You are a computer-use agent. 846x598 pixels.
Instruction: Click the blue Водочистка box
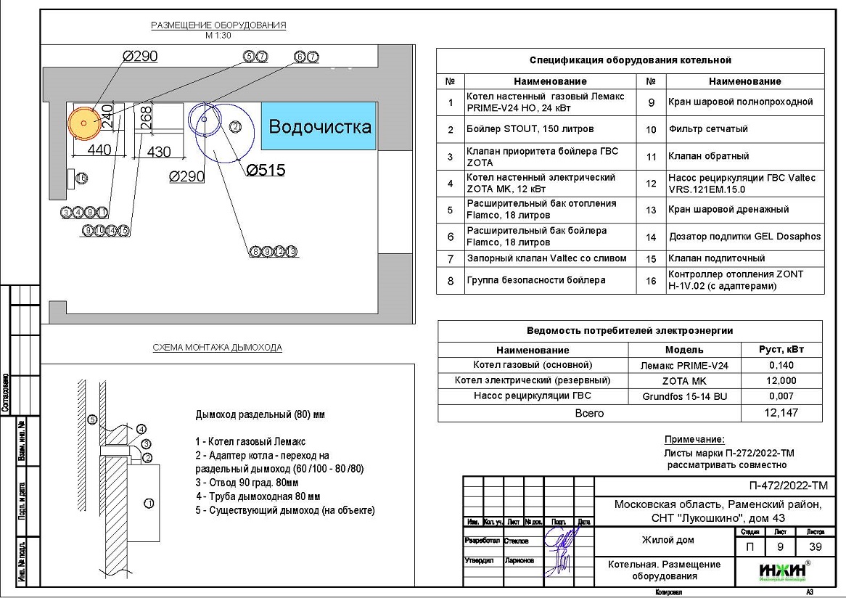click(x=319, y=126)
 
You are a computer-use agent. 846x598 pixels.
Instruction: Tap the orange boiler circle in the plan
click(x=84, y=123)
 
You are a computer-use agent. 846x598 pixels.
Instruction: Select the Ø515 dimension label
click(x=266, y=171)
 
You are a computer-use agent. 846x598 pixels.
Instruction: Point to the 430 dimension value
click(x=159, y=152)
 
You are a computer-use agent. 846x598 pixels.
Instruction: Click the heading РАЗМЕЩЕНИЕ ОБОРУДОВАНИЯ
click(x=218, y=25)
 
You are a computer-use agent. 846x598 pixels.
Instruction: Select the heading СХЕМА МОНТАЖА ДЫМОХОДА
click(x=218, y=348)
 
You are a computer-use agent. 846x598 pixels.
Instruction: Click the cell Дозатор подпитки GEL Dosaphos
click(x=745, y=237)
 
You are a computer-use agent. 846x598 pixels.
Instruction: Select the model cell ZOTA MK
click(x=684, y=380)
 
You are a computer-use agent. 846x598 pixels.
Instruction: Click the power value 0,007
click(x=782, y=396)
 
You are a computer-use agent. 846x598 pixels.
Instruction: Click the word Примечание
click(x=694, y=440)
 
